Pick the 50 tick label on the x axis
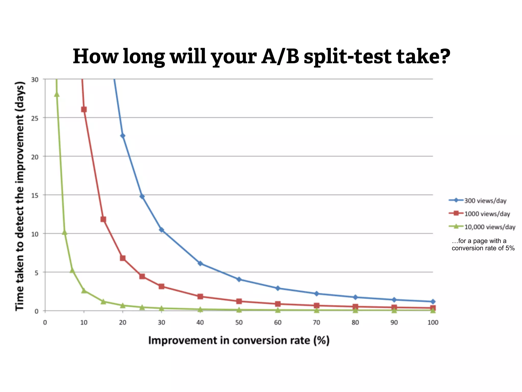pyautogui.click(x=239, y=323)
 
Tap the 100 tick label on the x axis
pyautogui.click(x=433, y=323)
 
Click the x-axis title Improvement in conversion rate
pyautogui.click(x=239, y=341)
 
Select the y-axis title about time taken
pyautogui.click(x=20, y=196)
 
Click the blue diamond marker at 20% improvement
pyautogui.click(x=123, y=136)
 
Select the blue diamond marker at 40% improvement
pyautogui.click(x=200, y=263)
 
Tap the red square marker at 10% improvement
pyautogui.click(x=84, y=109)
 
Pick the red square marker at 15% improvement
pyautogui.click(x=103, y=219)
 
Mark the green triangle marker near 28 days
pyautogui.click(x=57, y=94)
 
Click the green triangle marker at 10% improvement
pyautogui.click(x=84, y=291)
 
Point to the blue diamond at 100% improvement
pyautogui.click(x=433, y=302)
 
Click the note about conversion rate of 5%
pyautogui.click(x=483, y=244)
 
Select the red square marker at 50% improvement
pyautogui.click(x=239, y=301)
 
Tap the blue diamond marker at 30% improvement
pyautogui.click(x=161, y=230)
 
